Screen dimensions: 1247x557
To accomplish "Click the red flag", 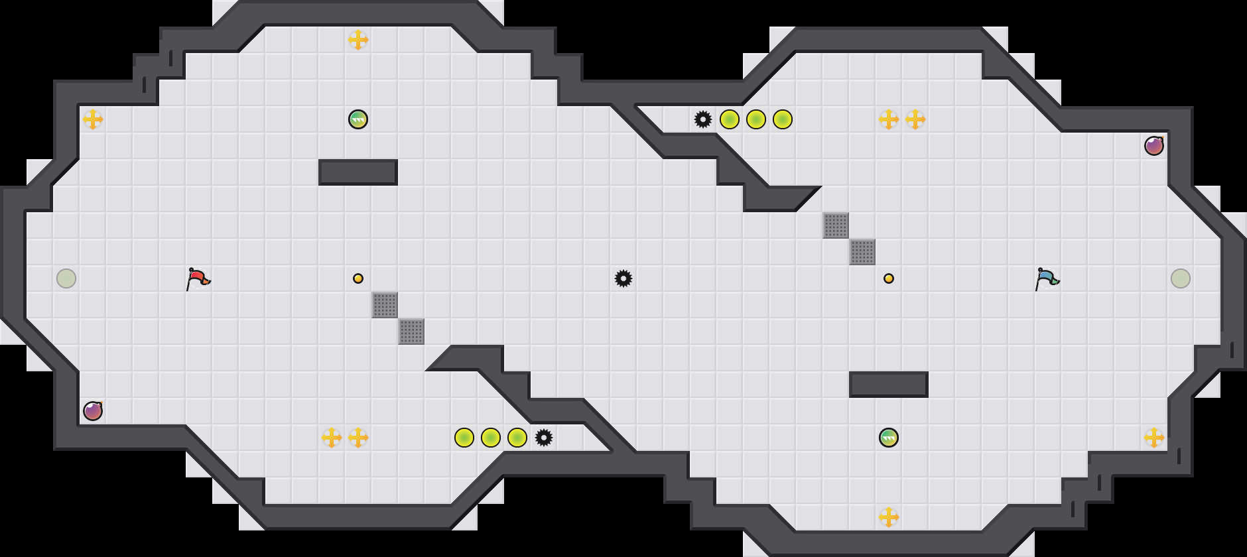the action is (198, 278).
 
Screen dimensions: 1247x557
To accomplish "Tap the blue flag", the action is (1047, 278).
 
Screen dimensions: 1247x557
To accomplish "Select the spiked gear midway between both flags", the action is (623, 278).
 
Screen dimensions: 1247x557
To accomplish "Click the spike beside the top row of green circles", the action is (703, 119).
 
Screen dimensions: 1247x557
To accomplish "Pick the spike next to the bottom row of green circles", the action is (544, 438).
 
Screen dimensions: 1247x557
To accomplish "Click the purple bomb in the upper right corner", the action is (1154, 146).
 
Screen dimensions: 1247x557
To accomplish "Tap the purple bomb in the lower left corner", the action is (93, 411).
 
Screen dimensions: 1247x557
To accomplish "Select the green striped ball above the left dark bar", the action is (358, 119).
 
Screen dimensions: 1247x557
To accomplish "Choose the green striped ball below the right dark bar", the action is (889, 438).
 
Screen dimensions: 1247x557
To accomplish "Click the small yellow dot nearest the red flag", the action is (358, 278).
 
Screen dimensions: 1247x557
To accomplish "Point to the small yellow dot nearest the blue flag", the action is (889, 278).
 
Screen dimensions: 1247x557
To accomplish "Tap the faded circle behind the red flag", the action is (66, 278).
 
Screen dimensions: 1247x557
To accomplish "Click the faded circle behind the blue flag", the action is (1181, 278).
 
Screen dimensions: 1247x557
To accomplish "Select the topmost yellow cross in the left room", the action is (358, 40).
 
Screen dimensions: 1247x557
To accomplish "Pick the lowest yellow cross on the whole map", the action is (889, 517).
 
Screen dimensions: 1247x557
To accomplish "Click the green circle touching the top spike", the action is (730, 119).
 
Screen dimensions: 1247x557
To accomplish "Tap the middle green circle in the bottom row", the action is (491, 438).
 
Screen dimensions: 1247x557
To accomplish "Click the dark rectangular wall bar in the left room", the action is (358, 172).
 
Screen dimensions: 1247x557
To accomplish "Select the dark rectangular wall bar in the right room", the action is (889, 385).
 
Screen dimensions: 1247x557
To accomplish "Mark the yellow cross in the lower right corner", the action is (1154, 438).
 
